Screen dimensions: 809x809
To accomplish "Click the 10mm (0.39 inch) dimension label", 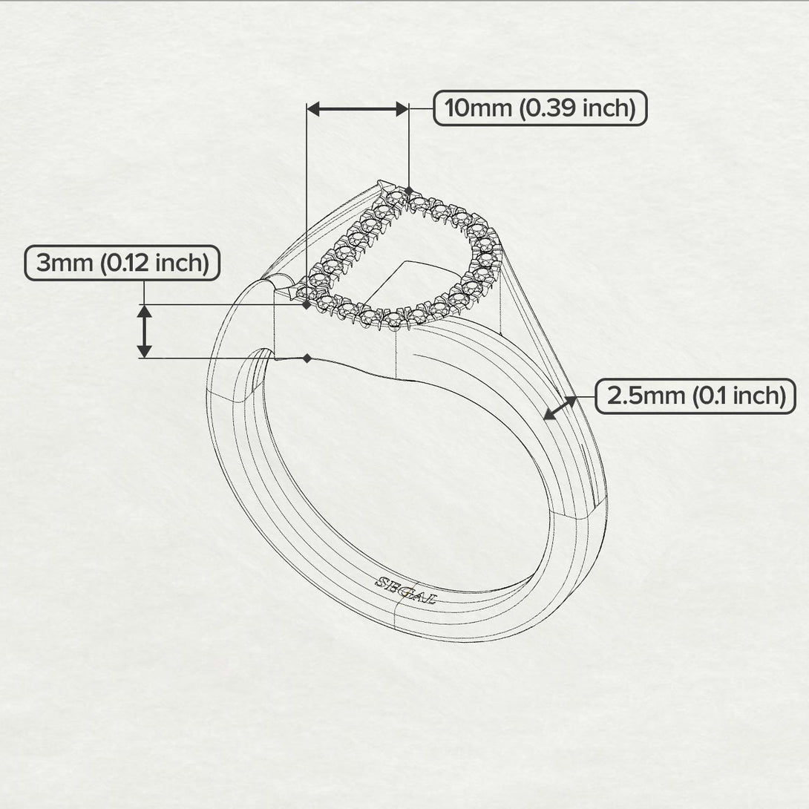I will (540, 108).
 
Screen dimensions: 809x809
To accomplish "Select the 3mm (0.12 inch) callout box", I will (122, 263).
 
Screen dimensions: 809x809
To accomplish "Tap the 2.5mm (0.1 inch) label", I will (695, 396).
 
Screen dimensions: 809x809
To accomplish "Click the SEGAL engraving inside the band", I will (406, 590).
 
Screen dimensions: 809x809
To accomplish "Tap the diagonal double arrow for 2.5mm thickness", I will (560, 408).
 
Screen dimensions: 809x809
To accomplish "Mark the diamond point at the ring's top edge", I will (408, 191).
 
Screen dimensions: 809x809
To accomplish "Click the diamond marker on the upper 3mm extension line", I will (307, 304).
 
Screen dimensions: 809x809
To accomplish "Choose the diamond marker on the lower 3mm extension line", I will (307, 358).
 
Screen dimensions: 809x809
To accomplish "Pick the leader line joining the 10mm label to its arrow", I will (421, 109).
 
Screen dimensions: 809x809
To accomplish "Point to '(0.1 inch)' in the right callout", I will (738, 396).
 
